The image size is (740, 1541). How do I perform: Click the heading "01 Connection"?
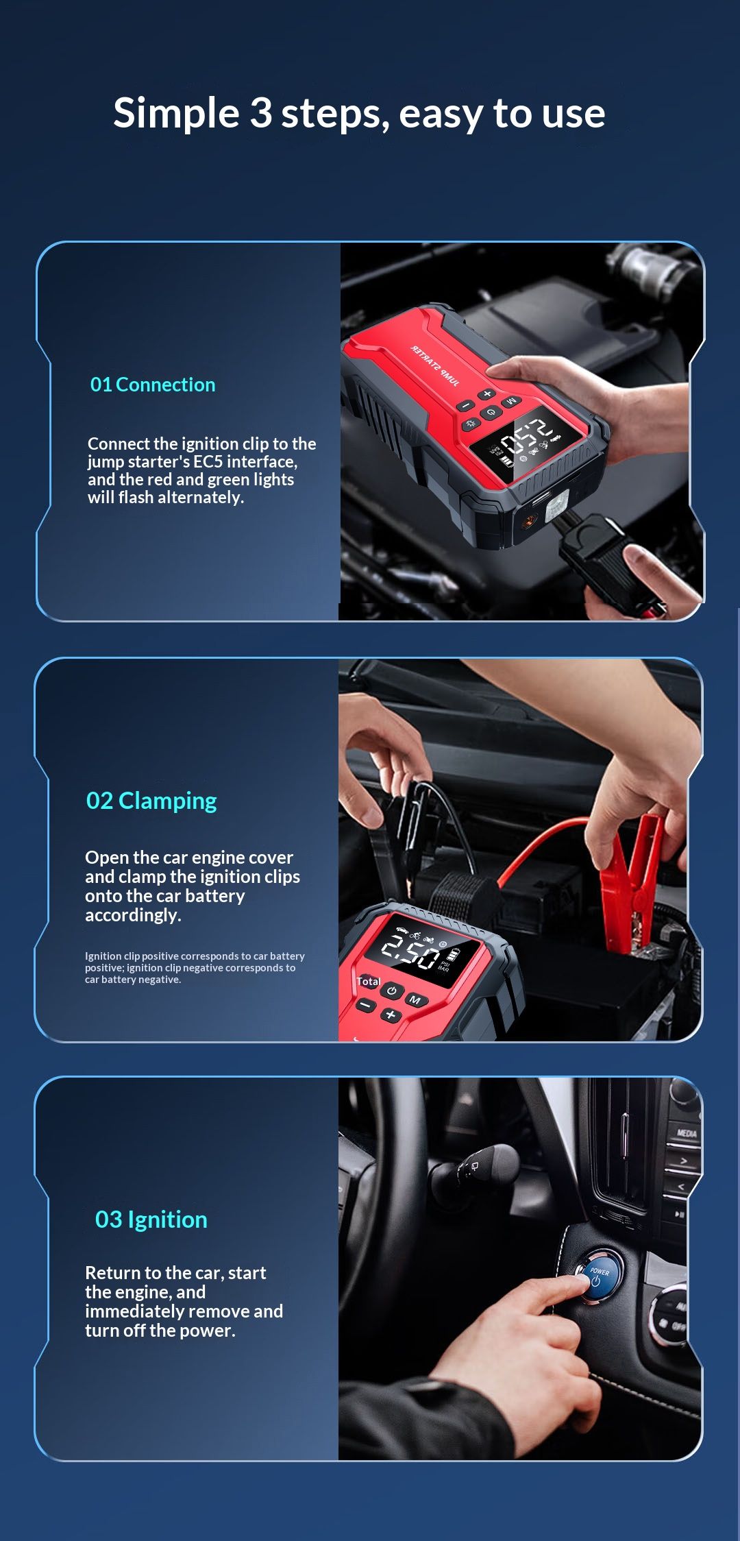click(153, 385)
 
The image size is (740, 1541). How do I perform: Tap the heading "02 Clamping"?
click(151, 801)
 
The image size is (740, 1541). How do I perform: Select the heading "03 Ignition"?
click(151, 1220)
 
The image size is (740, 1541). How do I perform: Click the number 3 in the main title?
click(260, 112)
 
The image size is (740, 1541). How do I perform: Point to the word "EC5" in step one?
click(208, 461)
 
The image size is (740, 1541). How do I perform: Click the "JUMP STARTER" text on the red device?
click(435, 365)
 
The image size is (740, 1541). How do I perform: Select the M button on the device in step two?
click(415, 1000)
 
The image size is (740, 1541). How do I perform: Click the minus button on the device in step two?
click(366, 1005)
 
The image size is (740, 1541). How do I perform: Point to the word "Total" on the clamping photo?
click(368, 982)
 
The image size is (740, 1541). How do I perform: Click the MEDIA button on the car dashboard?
click(687, 1133)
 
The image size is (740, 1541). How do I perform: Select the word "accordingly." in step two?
click(133, 915)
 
